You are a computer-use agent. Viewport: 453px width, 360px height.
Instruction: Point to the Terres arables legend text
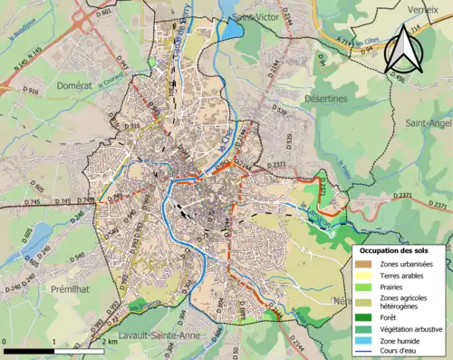tap(406, 275)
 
